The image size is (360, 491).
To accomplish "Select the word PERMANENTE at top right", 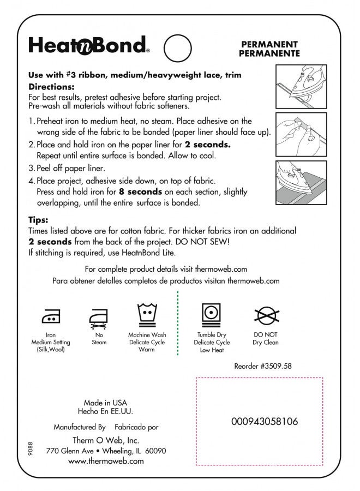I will coord(269,53).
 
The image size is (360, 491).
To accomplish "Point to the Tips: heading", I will coord(39,220).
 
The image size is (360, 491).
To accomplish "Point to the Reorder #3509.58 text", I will coord(262,367).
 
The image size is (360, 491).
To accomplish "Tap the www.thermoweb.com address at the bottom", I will coord(106,461).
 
